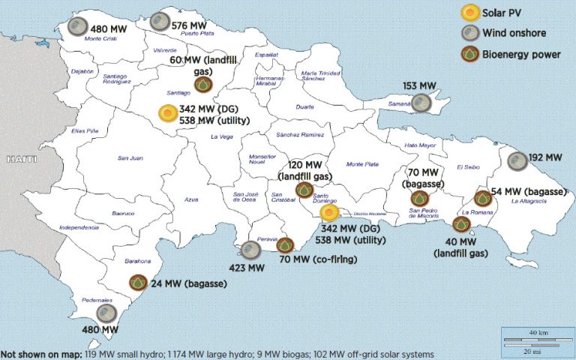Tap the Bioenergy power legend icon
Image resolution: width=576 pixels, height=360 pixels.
tap(469, 54)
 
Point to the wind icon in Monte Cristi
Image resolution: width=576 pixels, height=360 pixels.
tap(76, 27)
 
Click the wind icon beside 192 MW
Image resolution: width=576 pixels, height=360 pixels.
tap(517, 160)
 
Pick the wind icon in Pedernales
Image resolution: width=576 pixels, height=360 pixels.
tap(106, 313)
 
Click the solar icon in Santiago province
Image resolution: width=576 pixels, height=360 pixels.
tap(168, 114)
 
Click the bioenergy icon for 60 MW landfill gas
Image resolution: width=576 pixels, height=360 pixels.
tap(202, 85)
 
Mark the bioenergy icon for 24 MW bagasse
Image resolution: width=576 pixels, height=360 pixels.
tap(137, 283)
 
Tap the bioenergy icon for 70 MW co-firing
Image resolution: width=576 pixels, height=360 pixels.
tap(285, 245)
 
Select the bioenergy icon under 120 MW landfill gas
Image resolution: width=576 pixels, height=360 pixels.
tap(304, 190)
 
